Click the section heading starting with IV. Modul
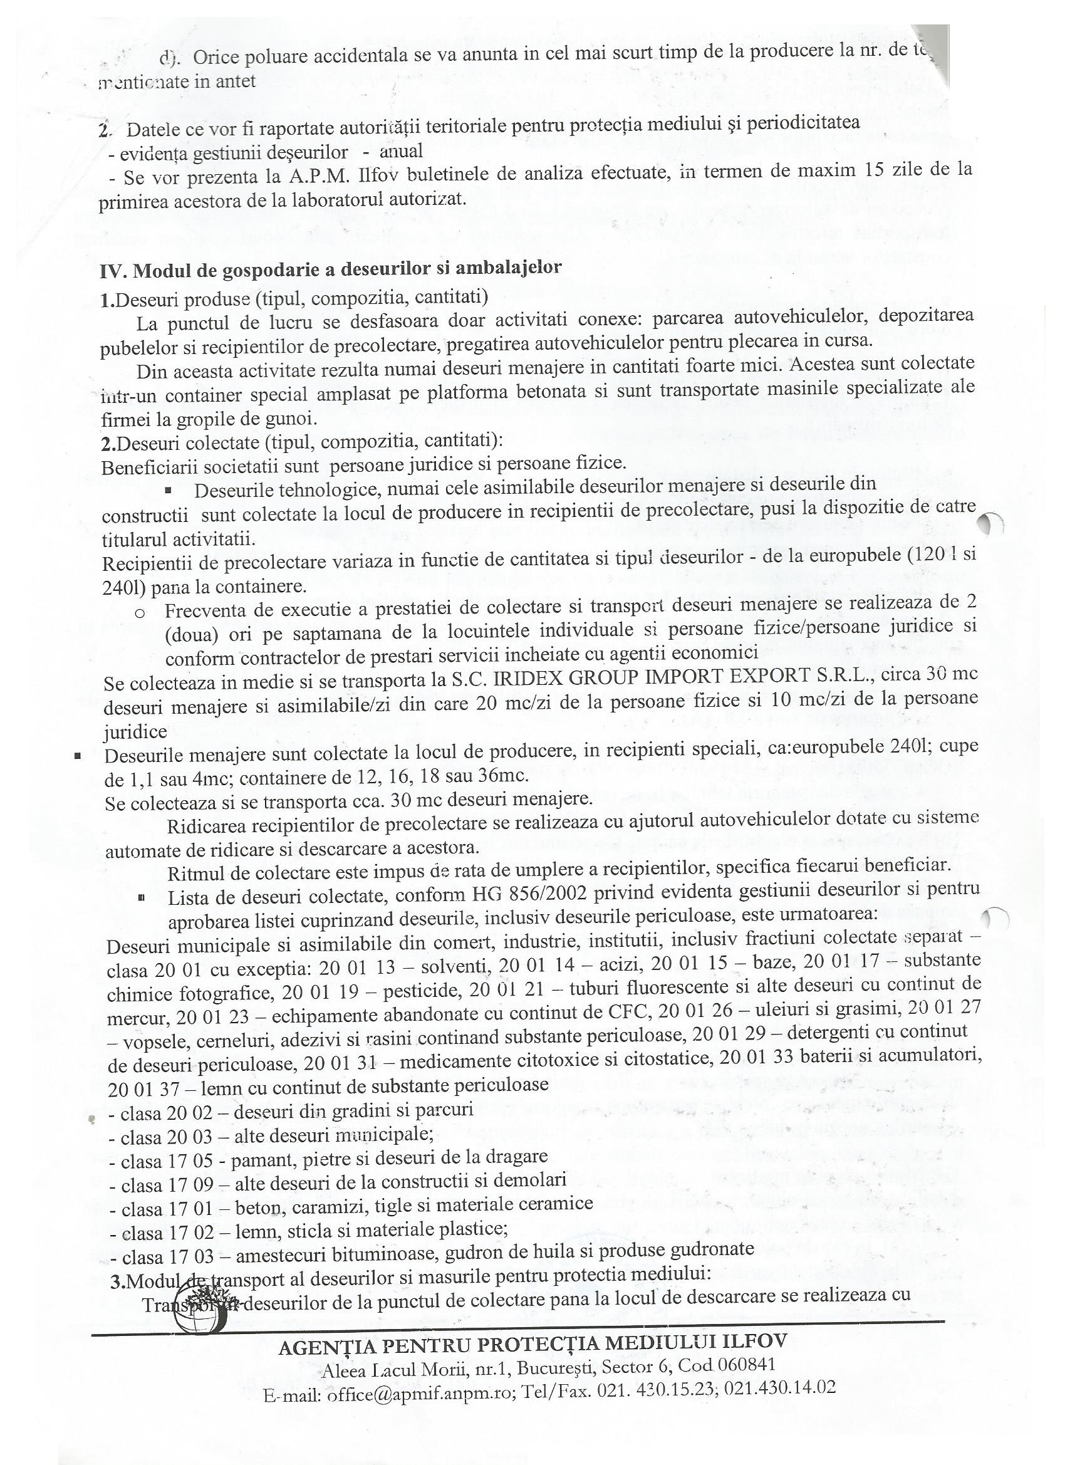331,269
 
